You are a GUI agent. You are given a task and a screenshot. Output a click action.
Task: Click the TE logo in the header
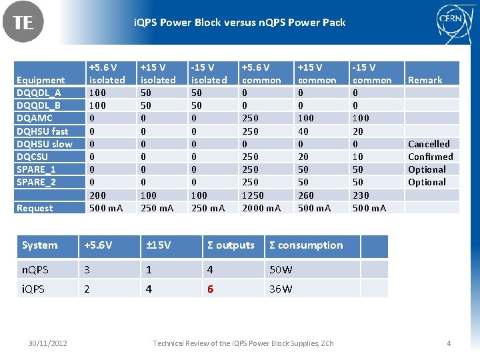pos(23,23)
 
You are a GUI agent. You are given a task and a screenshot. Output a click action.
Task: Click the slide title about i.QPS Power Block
pos(240,23)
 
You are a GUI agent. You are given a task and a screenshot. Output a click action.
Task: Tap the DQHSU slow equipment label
pos(44,144)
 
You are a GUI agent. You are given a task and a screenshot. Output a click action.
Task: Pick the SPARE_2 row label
pos(36,182)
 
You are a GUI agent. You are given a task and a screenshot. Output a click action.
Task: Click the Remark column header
pos(425,80)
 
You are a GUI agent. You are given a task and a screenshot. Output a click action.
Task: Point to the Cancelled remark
pos(429,144)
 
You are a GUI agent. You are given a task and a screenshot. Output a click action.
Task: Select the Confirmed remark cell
pos(430,157)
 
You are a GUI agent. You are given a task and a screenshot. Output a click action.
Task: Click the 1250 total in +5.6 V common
pos(252,195)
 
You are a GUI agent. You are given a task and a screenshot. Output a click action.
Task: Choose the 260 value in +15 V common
pos(305,195)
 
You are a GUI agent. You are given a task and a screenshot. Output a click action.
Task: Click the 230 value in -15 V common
pos(361,195)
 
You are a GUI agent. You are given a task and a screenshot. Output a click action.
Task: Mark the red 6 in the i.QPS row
pos(210,289)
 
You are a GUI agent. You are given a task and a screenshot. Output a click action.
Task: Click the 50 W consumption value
pos(281,270)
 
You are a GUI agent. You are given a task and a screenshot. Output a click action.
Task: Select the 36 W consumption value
pos(281,289)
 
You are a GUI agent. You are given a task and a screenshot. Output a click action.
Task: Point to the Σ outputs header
pos(231,245)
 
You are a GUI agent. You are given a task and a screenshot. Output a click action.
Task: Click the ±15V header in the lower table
pos(159,245)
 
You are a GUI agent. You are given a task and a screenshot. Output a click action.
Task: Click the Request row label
pos(35,208)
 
